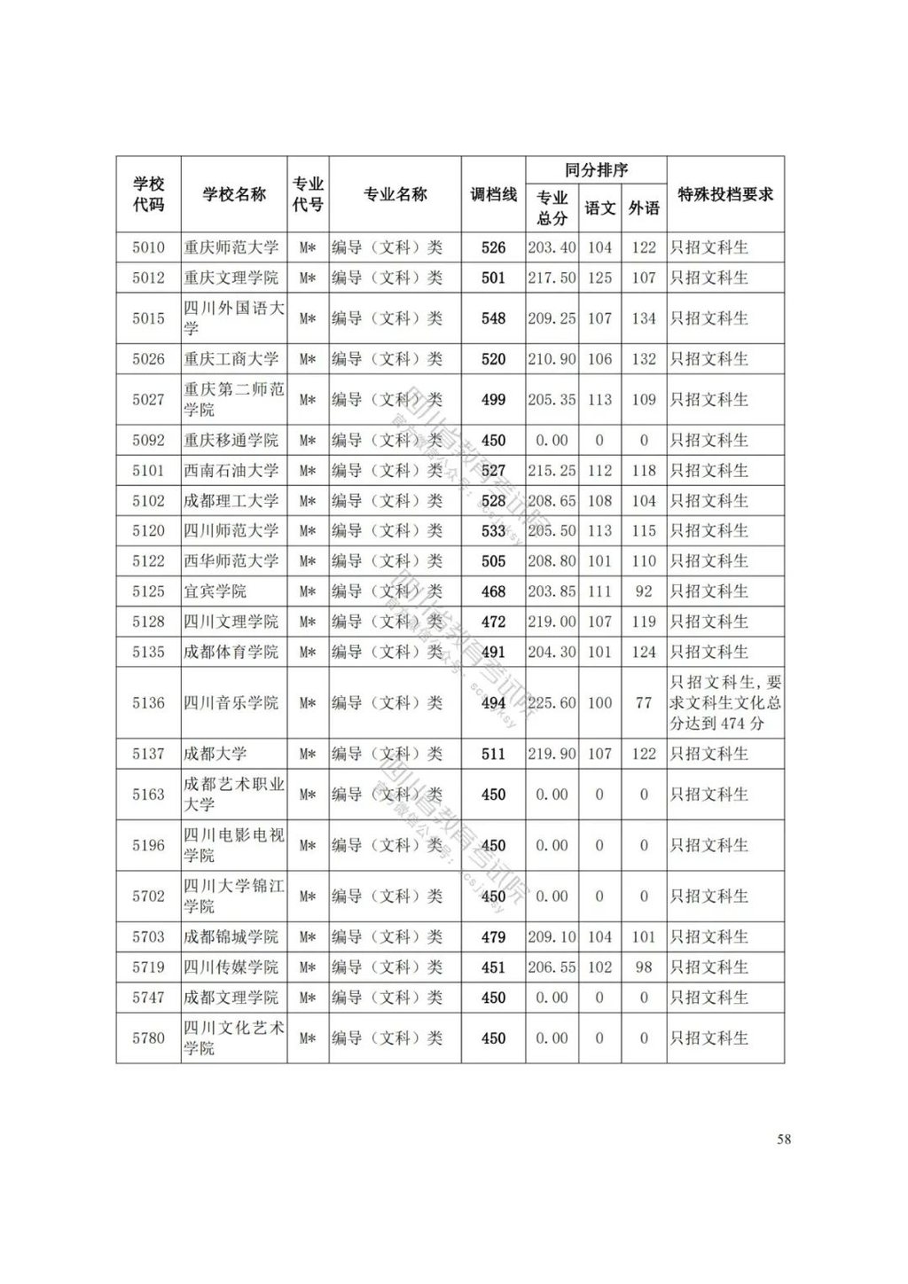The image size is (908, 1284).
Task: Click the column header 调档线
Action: click(x=493, y=194)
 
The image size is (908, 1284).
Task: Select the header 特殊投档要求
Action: click(x=725, y=194)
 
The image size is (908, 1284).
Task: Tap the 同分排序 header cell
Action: click(x=596, y=169)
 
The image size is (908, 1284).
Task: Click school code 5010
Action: click(x=148, y=247)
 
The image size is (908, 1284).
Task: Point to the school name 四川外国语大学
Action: click(x=233, y=318)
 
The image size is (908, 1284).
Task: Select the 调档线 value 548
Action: click(x=493, y=318)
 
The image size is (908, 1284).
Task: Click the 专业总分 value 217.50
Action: click(x=552, y=278)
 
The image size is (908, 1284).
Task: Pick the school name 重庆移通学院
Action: click(x=231, y=440)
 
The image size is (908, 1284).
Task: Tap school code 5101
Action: click(x=148, y=470)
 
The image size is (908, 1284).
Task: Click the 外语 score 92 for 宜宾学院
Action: click(x=644, y=591)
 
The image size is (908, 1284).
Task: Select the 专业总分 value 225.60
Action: click(x=552, y=702)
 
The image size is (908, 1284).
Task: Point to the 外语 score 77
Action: click(x=644, y=702)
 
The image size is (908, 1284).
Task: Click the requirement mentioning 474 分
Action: click(x=725, y=702)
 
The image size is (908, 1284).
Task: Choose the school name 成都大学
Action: click(x=215, y=754)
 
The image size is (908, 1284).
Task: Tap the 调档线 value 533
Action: click(x=493, y=531)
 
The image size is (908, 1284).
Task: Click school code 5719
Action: click(x=148, y=967)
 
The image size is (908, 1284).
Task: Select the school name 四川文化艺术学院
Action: click(x=233, y=1037)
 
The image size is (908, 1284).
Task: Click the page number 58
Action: click(x=784, y=1139)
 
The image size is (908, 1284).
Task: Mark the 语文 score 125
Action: click(x=599, y=278)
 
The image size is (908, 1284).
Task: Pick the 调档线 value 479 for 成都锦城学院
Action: click(x=493, y=936)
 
